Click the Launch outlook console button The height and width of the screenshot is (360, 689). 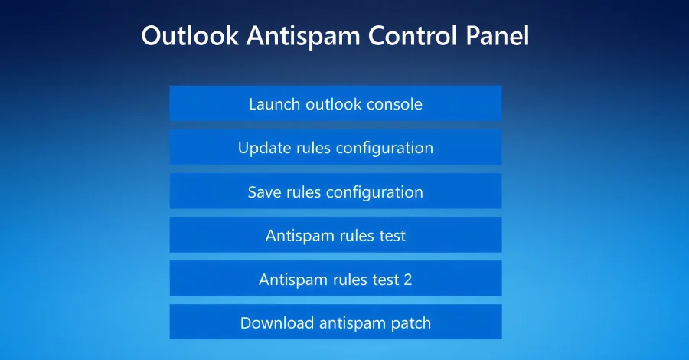point(335,103)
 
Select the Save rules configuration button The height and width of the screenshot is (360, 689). point(335,191)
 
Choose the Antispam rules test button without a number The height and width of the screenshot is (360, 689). point(335,235)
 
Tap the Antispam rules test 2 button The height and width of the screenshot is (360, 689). point(335,279)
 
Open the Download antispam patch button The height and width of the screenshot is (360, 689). point(335,322)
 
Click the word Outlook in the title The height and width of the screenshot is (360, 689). point(190,37)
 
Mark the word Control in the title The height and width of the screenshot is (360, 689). point(413,37)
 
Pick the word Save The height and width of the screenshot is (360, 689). point(265,191)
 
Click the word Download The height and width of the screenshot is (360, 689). point(276,322)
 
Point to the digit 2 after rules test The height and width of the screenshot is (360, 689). point(407,279)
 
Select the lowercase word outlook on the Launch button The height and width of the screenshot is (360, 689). point(330,103)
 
